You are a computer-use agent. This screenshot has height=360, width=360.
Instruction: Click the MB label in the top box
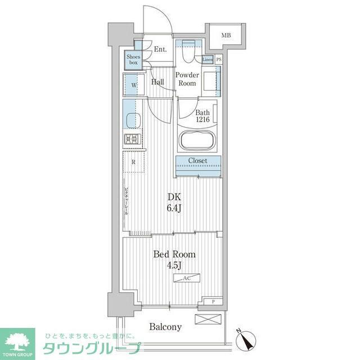[226, 36]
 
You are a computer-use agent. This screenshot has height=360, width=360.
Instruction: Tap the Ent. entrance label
[160, 49]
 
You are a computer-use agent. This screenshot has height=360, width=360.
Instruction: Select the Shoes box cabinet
[133, 60]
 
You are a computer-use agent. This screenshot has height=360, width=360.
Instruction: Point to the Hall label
[158, 82]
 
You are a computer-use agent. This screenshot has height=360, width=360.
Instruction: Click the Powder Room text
[187, 79]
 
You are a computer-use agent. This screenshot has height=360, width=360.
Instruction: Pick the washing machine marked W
[134, 85]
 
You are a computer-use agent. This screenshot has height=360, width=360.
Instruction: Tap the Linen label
[207, 60]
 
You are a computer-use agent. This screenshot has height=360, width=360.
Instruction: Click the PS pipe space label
[219, 60]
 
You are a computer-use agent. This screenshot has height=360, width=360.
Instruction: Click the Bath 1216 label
[202, 116]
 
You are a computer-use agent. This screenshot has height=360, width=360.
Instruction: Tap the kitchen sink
[133, 120]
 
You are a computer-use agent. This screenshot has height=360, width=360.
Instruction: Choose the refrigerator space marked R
[133, 163]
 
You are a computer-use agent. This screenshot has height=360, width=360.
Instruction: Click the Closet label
[197, 161]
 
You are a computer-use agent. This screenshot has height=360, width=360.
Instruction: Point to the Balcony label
[165, 327]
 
